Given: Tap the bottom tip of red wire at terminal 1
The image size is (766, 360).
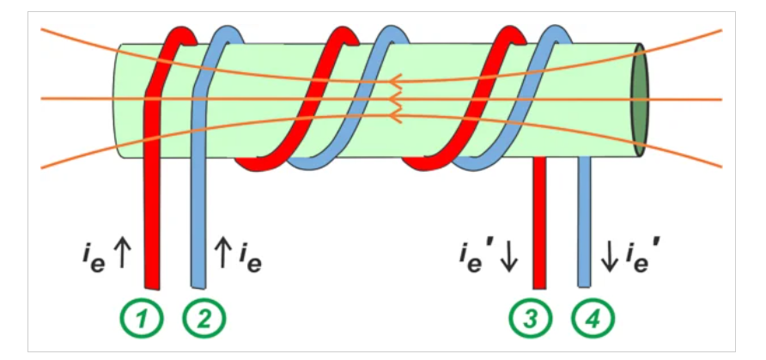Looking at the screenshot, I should pos(153,287).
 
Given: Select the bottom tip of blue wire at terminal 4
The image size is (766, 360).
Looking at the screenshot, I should pos(585,287).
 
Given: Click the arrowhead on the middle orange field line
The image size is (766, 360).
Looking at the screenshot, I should pos(396,99).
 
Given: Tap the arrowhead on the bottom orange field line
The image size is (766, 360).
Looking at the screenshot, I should pos(396,114).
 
